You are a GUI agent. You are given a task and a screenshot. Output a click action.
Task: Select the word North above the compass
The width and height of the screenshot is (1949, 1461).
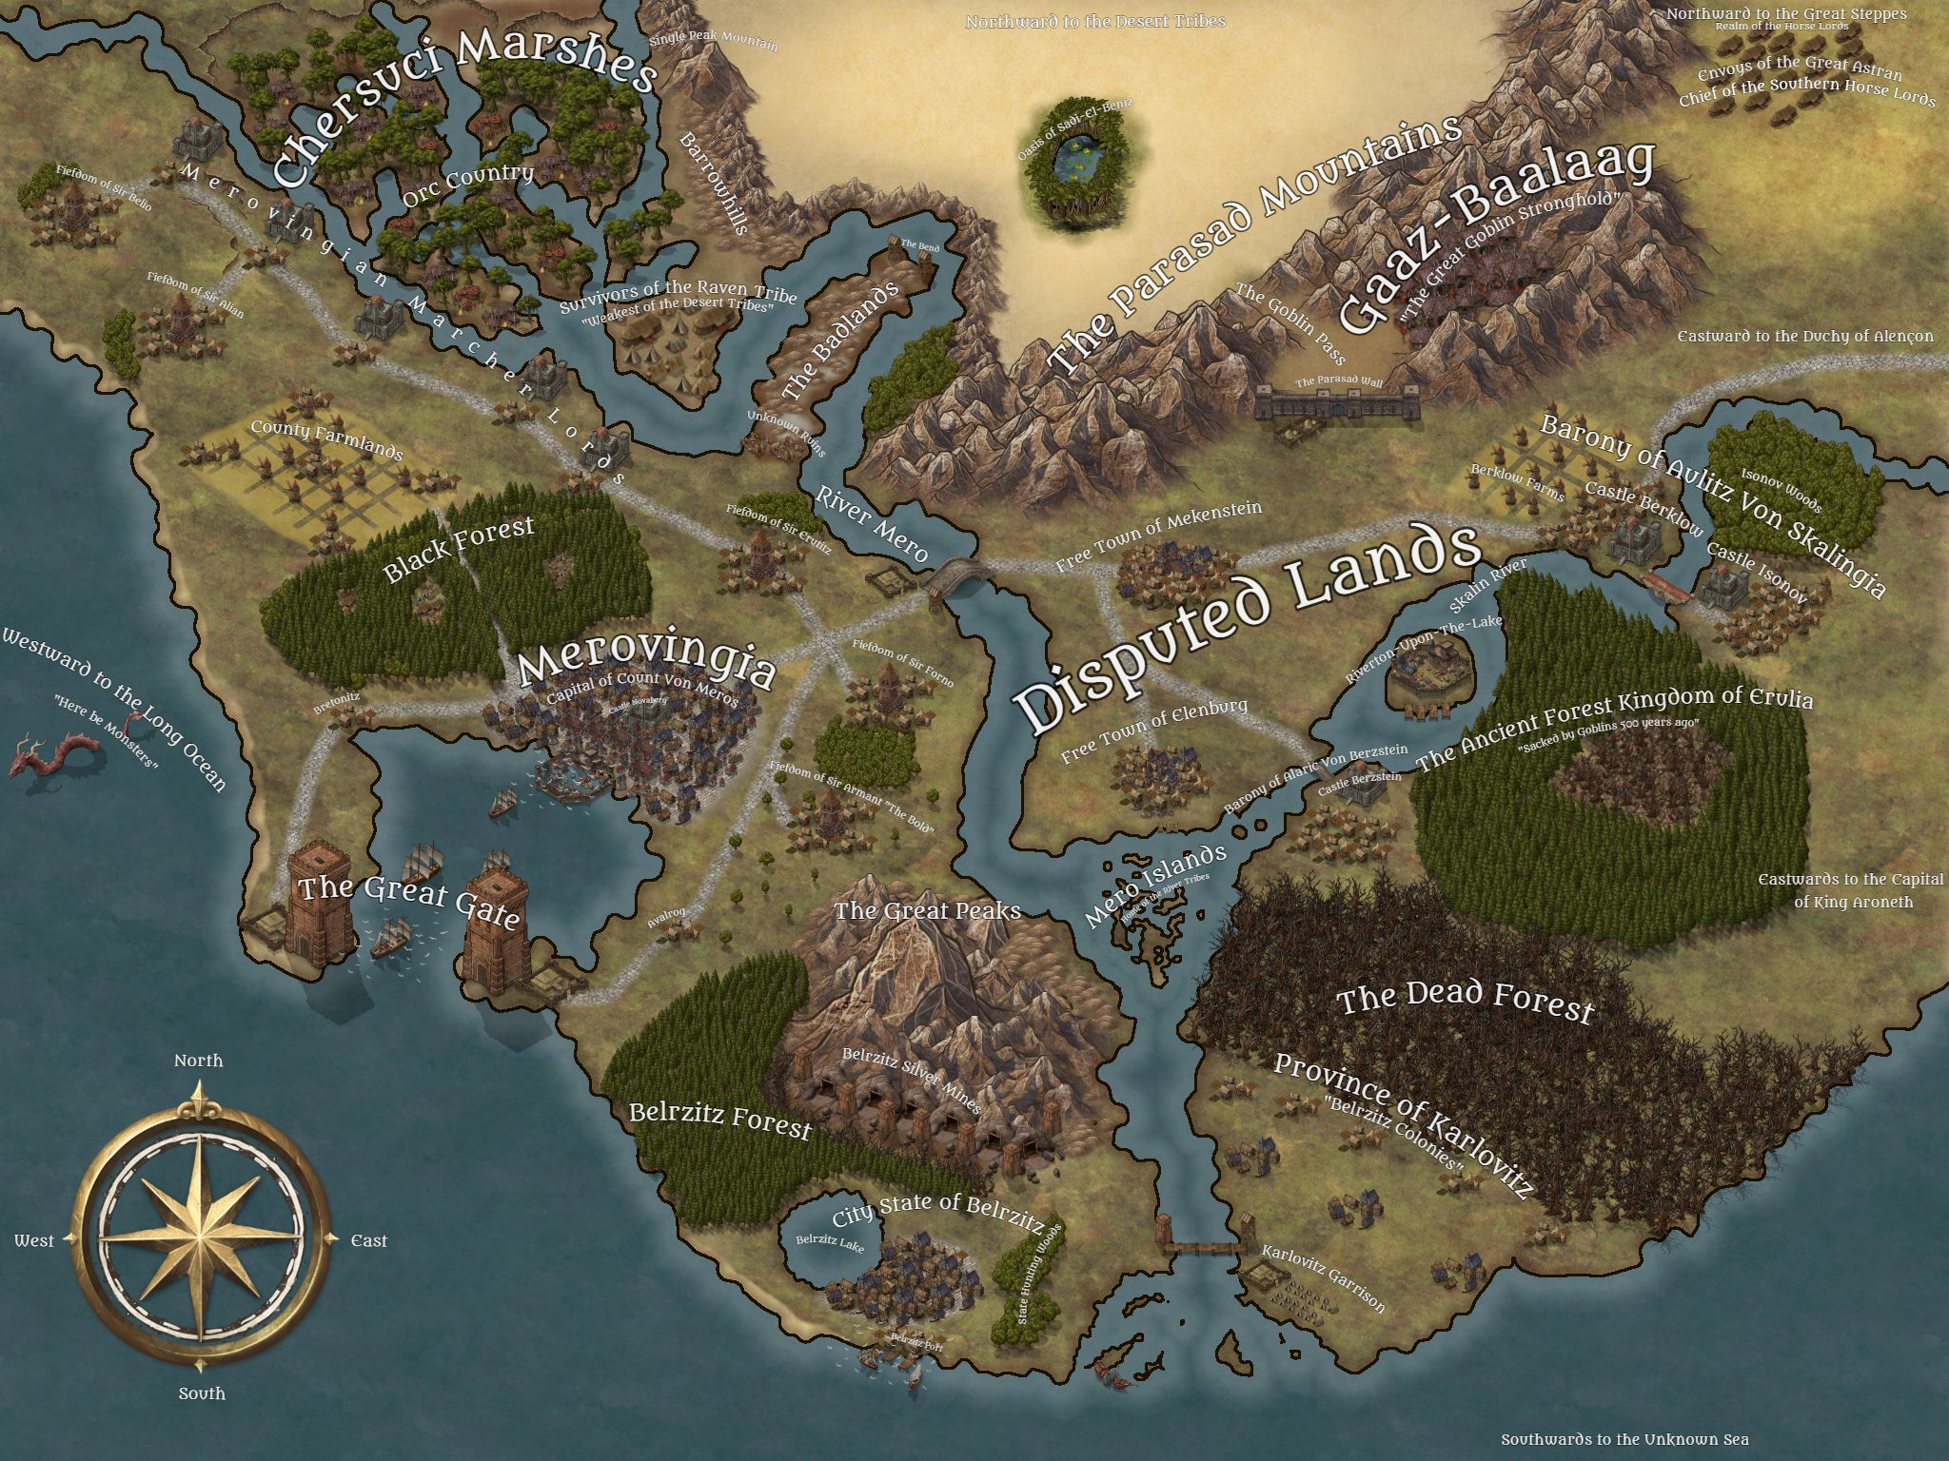pos(198,1060)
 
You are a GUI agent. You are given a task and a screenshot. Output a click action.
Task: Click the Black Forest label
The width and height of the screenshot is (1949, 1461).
pos(459,550)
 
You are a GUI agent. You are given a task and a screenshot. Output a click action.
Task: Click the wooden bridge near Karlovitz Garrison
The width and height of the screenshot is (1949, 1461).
pos(1202,1247)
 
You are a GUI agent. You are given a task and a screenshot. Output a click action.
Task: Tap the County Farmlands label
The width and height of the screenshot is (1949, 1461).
pos(326,439)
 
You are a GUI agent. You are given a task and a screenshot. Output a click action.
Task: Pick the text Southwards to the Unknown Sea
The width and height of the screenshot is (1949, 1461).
pos(1624,1439)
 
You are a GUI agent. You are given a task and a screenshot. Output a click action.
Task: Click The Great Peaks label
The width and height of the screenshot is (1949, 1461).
pos(927,910)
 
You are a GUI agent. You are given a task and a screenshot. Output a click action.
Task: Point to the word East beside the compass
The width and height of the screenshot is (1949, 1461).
pos(369,1240)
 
